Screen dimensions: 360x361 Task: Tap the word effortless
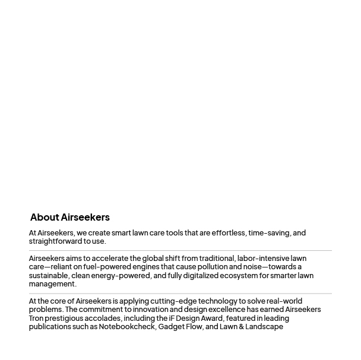click(229, 233)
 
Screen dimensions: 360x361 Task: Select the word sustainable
click(49, 276)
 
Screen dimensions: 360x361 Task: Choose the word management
click(52, 284)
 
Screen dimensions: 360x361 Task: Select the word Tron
click(36, 318)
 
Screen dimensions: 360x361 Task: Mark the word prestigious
click(64, 318)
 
